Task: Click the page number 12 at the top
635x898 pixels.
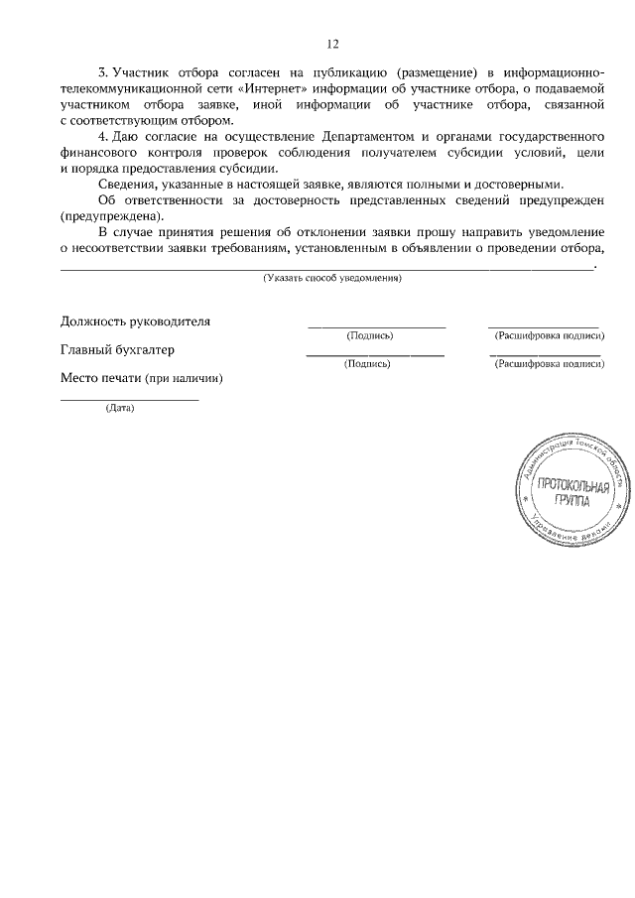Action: (x=332, y=44)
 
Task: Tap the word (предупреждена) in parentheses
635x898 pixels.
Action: (x=112, y=215)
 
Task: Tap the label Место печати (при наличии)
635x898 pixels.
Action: (x=141, y=378)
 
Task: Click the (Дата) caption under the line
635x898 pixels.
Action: (x=120, y=408)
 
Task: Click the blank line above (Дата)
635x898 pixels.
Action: (x=129, y=399)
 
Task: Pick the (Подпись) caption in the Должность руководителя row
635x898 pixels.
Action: (x=369, y=336)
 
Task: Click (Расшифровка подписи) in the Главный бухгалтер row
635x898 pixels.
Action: (x=549, y=364)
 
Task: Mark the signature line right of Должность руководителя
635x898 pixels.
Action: (x=376, y=326)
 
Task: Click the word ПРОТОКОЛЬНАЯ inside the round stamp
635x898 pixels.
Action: (x=571, y=485)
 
